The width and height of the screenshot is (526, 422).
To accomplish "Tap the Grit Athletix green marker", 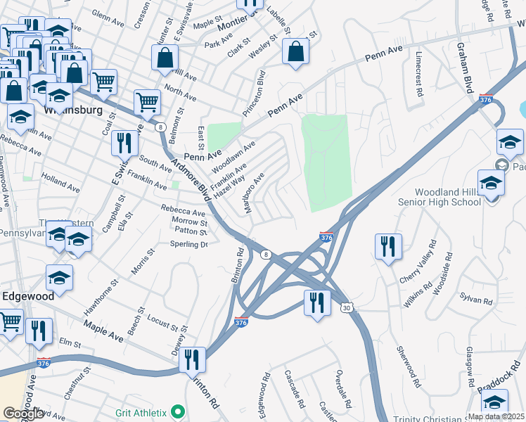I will tap(178, 411).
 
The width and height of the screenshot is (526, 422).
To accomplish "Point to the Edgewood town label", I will tap(27, 297).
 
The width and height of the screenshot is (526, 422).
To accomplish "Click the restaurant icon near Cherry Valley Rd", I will tap(388, 246).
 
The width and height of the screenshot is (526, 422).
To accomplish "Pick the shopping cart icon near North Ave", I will tap(147, 102).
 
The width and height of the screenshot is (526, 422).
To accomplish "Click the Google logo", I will tap(23, 414).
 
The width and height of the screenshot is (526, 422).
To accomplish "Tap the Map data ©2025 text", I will tap(496, 416).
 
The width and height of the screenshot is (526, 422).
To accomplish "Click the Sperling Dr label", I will tap(189, 245).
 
